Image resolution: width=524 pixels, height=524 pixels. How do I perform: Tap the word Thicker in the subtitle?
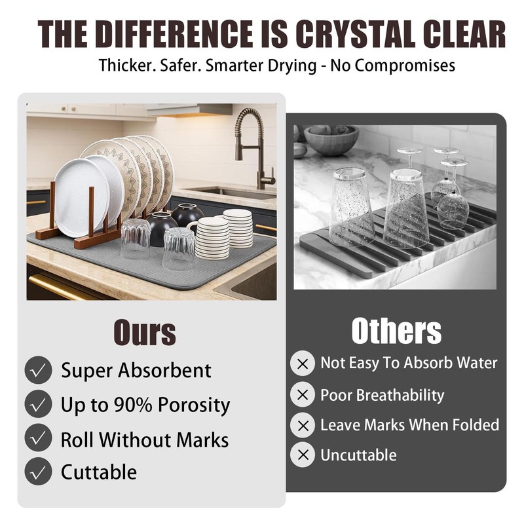(x=125, y=65)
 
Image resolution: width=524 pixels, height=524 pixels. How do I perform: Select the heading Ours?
(x=145, y=332)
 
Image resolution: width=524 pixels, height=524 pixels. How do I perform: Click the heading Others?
(x=396, y=331)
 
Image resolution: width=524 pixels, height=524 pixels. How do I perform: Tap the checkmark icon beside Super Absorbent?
(x=38, y=369)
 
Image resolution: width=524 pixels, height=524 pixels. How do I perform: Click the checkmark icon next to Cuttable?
(x=38, y=471)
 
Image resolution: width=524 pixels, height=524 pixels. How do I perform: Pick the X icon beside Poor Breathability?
(x=303, y=395)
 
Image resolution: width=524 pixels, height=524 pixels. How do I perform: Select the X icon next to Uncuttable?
(x=303, y=455)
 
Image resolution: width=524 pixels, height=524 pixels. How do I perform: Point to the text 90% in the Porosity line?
(x=133, y=405)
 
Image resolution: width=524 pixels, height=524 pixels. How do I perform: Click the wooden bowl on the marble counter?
(x=331, y=140)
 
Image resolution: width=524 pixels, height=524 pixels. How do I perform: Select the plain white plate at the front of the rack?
(x=81, y=198)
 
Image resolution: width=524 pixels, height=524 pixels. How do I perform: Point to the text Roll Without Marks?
(x=145, y=440)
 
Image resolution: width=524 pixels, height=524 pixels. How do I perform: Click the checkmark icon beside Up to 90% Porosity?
(x=38, y=403)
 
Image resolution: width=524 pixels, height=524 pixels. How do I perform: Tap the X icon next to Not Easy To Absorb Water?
(x=303, y=364)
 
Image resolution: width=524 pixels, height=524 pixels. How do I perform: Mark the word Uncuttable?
(x=358, y=455)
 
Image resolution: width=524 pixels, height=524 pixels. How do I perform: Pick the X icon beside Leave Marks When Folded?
(x=303, y=425)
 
